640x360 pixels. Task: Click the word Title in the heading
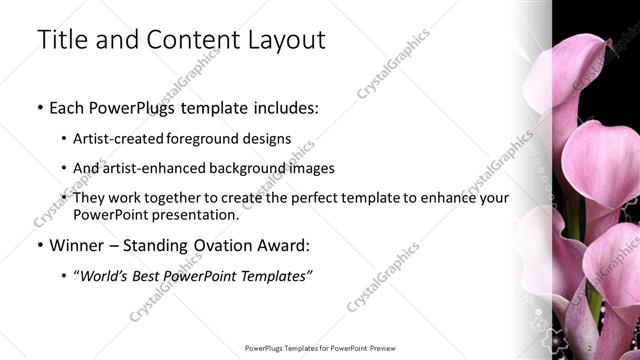tap(60, 40)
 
